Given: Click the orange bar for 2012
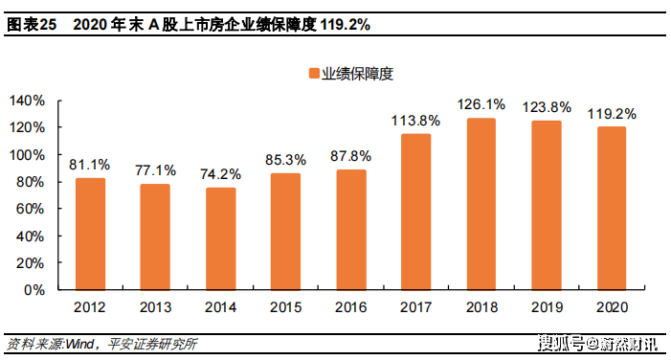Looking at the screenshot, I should click(90, 233).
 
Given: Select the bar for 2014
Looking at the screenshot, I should click(220, 237).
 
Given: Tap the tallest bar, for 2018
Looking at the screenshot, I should click(481, 203).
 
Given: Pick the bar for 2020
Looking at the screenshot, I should click(611, 207).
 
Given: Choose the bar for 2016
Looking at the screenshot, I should click(350, 229).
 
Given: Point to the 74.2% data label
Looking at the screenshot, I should click(220, 174).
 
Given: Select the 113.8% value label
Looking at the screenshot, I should click(415, 121).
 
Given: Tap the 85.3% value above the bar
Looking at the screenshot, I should click(285, 159).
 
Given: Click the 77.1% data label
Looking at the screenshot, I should click(155, 170).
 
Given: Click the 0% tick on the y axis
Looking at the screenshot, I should click(34, 289).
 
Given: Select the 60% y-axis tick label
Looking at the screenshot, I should click(31, 208).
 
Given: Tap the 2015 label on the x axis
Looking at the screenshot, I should click(285, 307).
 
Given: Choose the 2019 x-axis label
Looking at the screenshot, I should click(546, 307).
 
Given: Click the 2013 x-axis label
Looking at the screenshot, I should click(155, 307).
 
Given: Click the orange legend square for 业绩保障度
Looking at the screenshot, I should click(313, 73).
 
